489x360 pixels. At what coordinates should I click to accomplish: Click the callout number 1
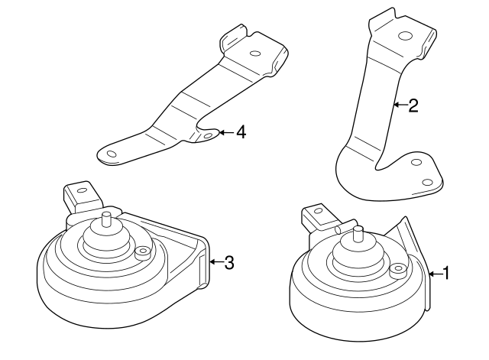pyautogui.click(x=448, y=272)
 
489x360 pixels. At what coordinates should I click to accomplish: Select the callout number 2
pyautogui.click(x=413, y=105)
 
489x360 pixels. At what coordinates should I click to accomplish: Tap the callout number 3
pyautogui.click(x=228, y=263)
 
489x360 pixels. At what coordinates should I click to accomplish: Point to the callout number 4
pyautogui.click(x=241, y=132)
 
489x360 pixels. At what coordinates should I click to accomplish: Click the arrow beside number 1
pyautogui.click(x=435, y=272)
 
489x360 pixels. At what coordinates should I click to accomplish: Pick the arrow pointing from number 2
pyautogui.click(x=400, y=105)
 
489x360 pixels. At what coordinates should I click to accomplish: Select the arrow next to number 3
pyautogui.click(x=215, y=263)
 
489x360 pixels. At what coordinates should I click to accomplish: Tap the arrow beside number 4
pyautogui.click(x=226, y=132)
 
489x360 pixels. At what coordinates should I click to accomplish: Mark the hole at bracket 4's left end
pyautogui.click(x=112, y=154)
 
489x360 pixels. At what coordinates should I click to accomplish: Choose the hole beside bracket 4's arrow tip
pyautogui.click(x=208, y=137)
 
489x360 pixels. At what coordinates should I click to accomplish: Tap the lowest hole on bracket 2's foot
pyautogui.click(x=426, y=181)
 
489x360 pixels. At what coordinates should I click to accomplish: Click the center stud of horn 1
pyautogui.click(x=357, y=232)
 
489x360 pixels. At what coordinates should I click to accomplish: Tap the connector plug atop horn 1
pyautogui.click(x=317, y=216)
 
